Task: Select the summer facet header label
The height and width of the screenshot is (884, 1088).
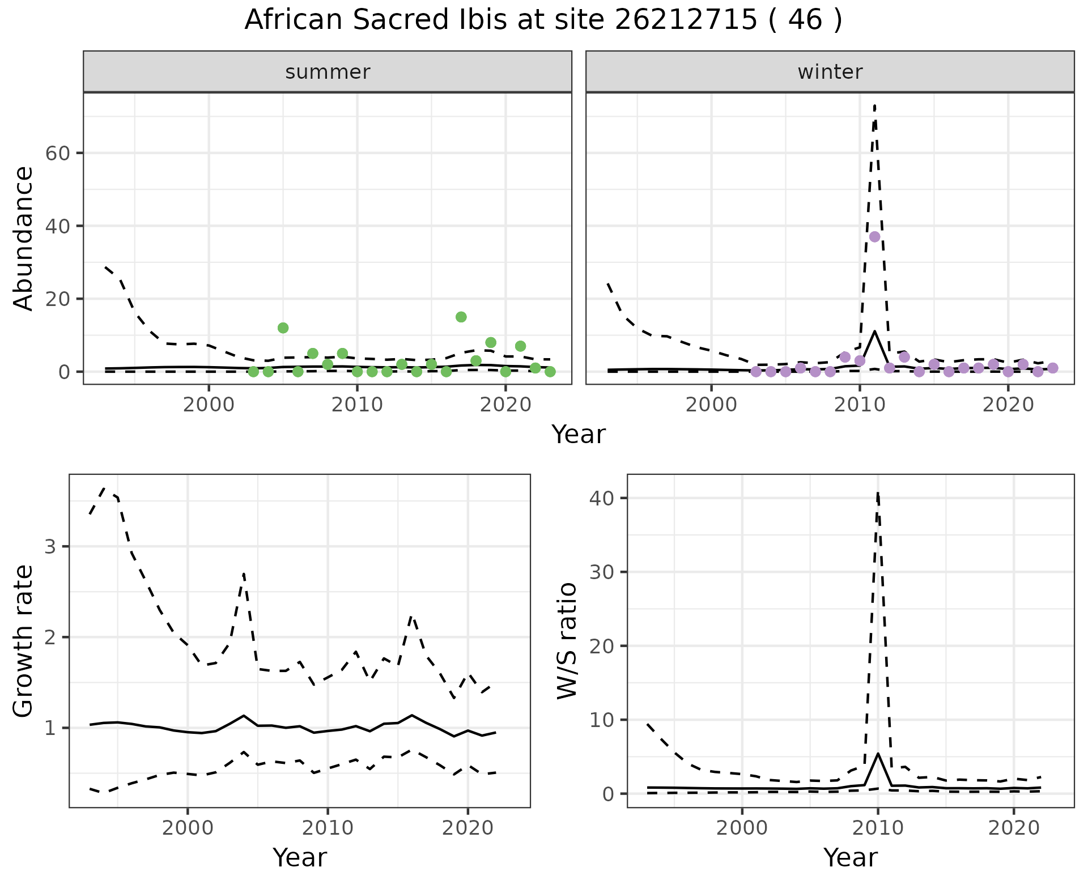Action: (x=328, y=72)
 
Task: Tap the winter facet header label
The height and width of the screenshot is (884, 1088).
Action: (x=830, y=72)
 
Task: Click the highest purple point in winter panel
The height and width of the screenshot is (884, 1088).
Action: (x=874, y=237)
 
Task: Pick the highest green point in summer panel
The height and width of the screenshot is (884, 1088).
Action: (x=461, y=317)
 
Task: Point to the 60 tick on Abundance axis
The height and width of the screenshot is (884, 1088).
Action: (x=57, y=153)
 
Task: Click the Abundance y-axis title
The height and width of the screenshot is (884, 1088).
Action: (x=24, y=238)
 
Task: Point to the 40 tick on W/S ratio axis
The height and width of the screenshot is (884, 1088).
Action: (x=603, y=498)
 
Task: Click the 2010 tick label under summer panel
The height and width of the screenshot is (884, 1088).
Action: (x=357, y=406)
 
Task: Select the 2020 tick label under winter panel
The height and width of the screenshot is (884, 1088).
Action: (x=1008, y=406)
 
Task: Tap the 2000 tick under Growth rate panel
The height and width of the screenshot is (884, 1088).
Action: (x=188, y=828)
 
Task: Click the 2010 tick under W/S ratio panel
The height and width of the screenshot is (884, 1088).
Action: (x=878, y=828)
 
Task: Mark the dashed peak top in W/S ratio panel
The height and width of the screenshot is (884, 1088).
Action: (x=878, y=493)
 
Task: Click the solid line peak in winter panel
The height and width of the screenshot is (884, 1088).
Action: (x=875, y=331)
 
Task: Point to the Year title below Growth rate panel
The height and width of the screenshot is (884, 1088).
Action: (x=299, y=857)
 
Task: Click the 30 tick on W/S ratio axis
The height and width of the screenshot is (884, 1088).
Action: (x=603, y=572)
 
